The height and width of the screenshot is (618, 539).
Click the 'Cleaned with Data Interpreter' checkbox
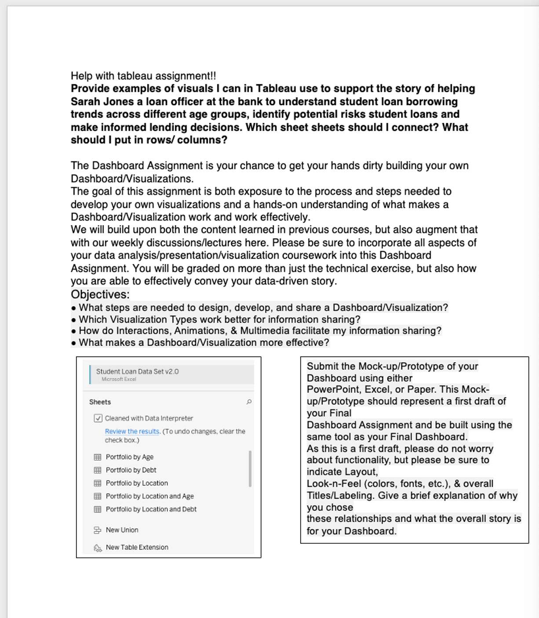(x=98, y=418)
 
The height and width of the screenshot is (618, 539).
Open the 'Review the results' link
(x=132, y=431)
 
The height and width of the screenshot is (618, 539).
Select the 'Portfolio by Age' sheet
(x=129, y=457)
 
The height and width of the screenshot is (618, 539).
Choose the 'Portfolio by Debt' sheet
(x=131, y=470)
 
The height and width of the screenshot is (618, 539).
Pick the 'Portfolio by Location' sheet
(x=137, y=483)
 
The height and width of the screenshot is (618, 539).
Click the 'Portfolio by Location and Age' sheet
(x=149, y=496)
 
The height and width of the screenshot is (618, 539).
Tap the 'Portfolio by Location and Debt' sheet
(x=151, y=509)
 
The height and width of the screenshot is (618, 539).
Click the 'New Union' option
(x=122, y=530)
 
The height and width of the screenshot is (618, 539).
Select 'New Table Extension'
(x=137, y=547)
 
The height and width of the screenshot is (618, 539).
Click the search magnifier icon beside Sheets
(x=249, y=402)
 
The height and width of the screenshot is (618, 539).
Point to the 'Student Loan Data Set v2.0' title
(x=137, y=371)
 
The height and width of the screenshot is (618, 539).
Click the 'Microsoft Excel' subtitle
(x=119, y=379)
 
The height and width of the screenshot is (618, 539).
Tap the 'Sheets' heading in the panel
(x=100, y=402)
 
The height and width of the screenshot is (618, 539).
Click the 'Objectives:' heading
(x=100, y=294)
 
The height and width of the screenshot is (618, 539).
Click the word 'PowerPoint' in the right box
(x=333, y=389)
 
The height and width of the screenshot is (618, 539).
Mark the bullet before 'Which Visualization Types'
(x=73, y=320)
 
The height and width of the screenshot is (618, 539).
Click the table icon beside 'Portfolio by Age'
(x=98, y=457)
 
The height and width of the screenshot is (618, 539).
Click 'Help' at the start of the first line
(x=82, y=76)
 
